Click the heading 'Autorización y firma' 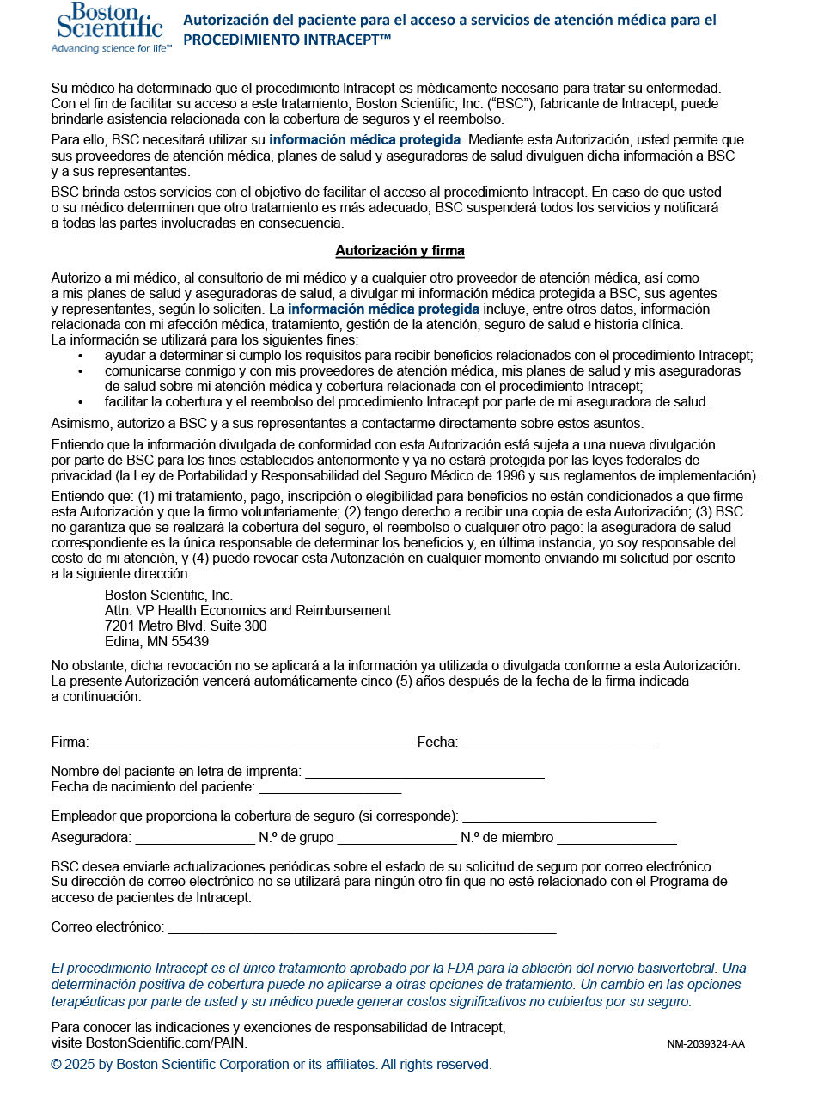(400, 251)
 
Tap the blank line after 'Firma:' (253, 744)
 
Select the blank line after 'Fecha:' (558, 744)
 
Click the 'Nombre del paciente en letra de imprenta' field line (424, 773)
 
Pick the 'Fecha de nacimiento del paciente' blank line (330, 789)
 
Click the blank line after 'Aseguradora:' (195, 840)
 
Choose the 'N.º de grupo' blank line (397, 840)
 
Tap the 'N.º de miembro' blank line (616, 840)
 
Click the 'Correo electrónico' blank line (362, 929)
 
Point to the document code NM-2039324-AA (705, 1044)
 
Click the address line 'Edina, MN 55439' (156, 642)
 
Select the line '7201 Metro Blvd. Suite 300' (186, 626)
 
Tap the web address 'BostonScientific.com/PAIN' (165, 1043)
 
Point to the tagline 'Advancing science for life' (111, 49)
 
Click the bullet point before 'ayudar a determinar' (81, 356)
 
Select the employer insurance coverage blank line (559, 818)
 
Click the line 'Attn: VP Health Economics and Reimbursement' (247, 611)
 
